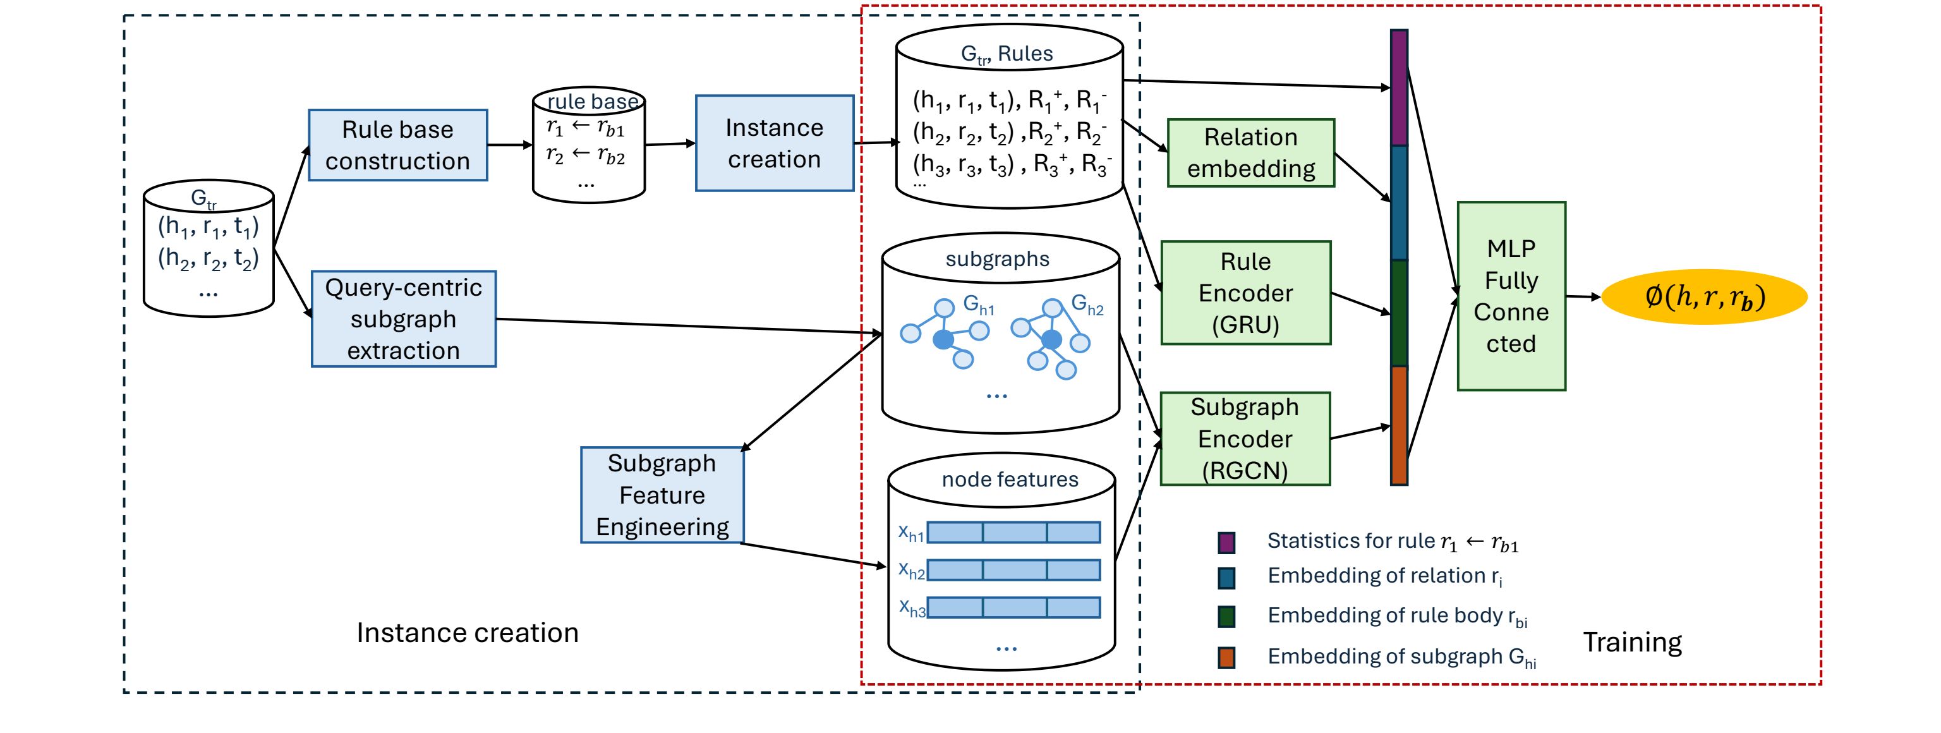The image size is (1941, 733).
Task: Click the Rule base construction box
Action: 398,145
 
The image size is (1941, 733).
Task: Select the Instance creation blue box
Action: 774,143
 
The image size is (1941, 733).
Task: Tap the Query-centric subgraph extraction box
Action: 404,318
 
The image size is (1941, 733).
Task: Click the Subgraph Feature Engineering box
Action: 662,495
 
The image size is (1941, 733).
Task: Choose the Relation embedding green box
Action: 1251,153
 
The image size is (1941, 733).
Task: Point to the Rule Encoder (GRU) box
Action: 1245,293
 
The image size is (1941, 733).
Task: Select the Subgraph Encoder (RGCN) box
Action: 1245,439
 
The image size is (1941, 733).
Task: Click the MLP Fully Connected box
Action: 1511,296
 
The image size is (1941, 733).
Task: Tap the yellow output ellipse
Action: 1703,297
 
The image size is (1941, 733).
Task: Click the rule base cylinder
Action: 588,147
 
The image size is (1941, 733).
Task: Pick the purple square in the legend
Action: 1226,542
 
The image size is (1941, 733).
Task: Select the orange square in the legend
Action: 1226,657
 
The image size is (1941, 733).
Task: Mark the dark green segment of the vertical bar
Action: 1398,313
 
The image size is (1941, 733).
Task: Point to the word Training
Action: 1632,642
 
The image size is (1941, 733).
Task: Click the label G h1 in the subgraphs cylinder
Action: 979,306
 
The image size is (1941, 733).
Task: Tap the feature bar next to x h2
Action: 1013,570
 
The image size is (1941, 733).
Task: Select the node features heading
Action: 1010,479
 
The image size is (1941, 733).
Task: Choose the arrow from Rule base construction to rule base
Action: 510,145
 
